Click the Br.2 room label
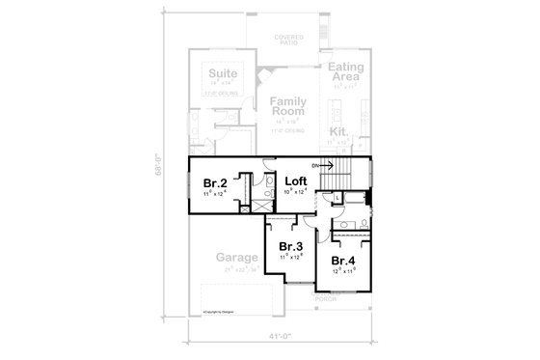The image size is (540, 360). pyautogui.click(x=214, y=182)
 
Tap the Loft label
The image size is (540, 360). pyautogui.click(x=295, y=180)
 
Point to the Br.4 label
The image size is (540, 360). pyautogui.click(x=343, y=261)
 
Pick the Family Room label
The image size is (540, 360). pyautogui.click(x=287, y=107)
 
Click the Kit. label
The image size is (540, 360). pyautogui.click(x=338, y=130)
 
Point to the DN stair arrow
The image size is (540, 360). pyautogui.click(x=323, y=166)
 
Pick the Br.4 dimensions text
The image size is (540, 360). pyautogui.click(x=343, y=272)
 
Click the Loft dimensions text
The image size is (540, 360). pyautogui.click(x=295, y=192)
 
